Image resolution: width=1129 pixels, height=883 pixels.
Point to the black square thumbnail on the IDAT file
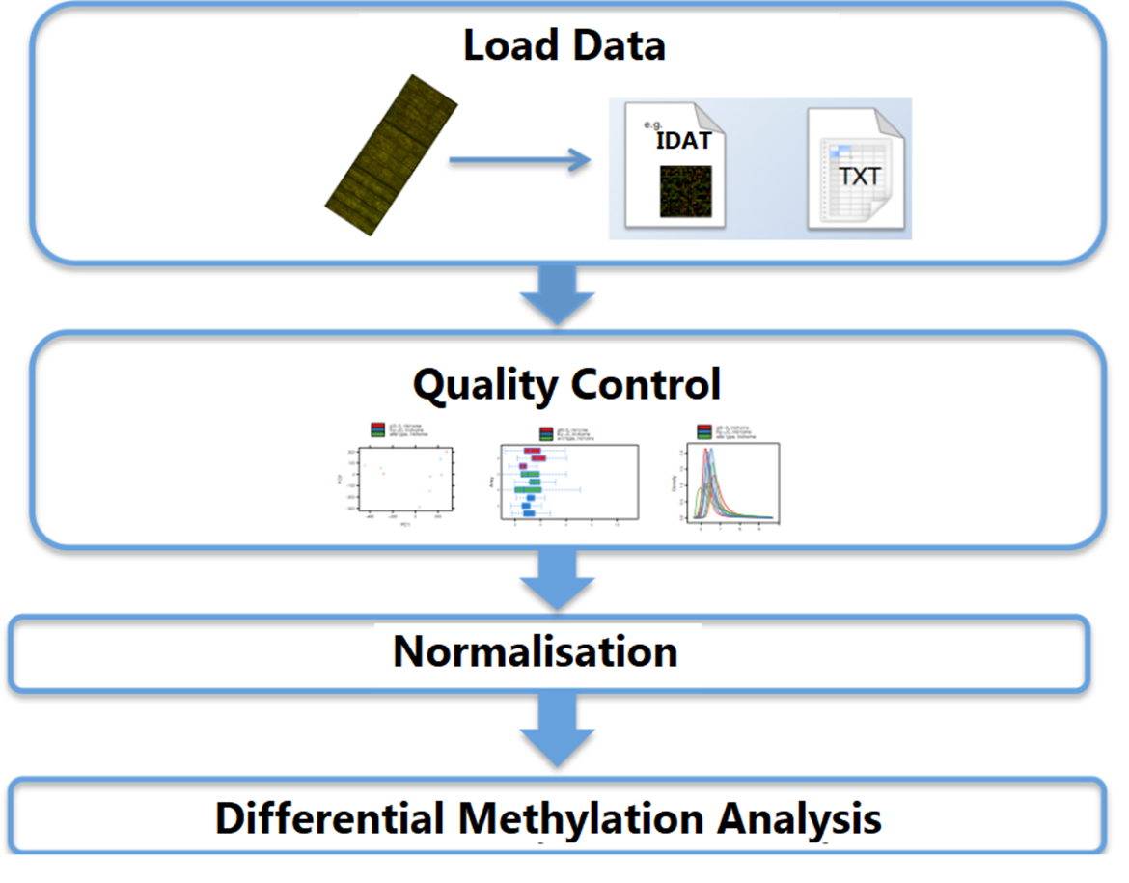tap(684, 190)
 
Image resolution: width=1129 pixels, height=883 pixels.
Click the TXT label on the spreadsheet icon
tap(859, 177)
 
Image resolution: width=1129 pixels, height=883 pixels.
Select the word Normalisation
tap(535, 652)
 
